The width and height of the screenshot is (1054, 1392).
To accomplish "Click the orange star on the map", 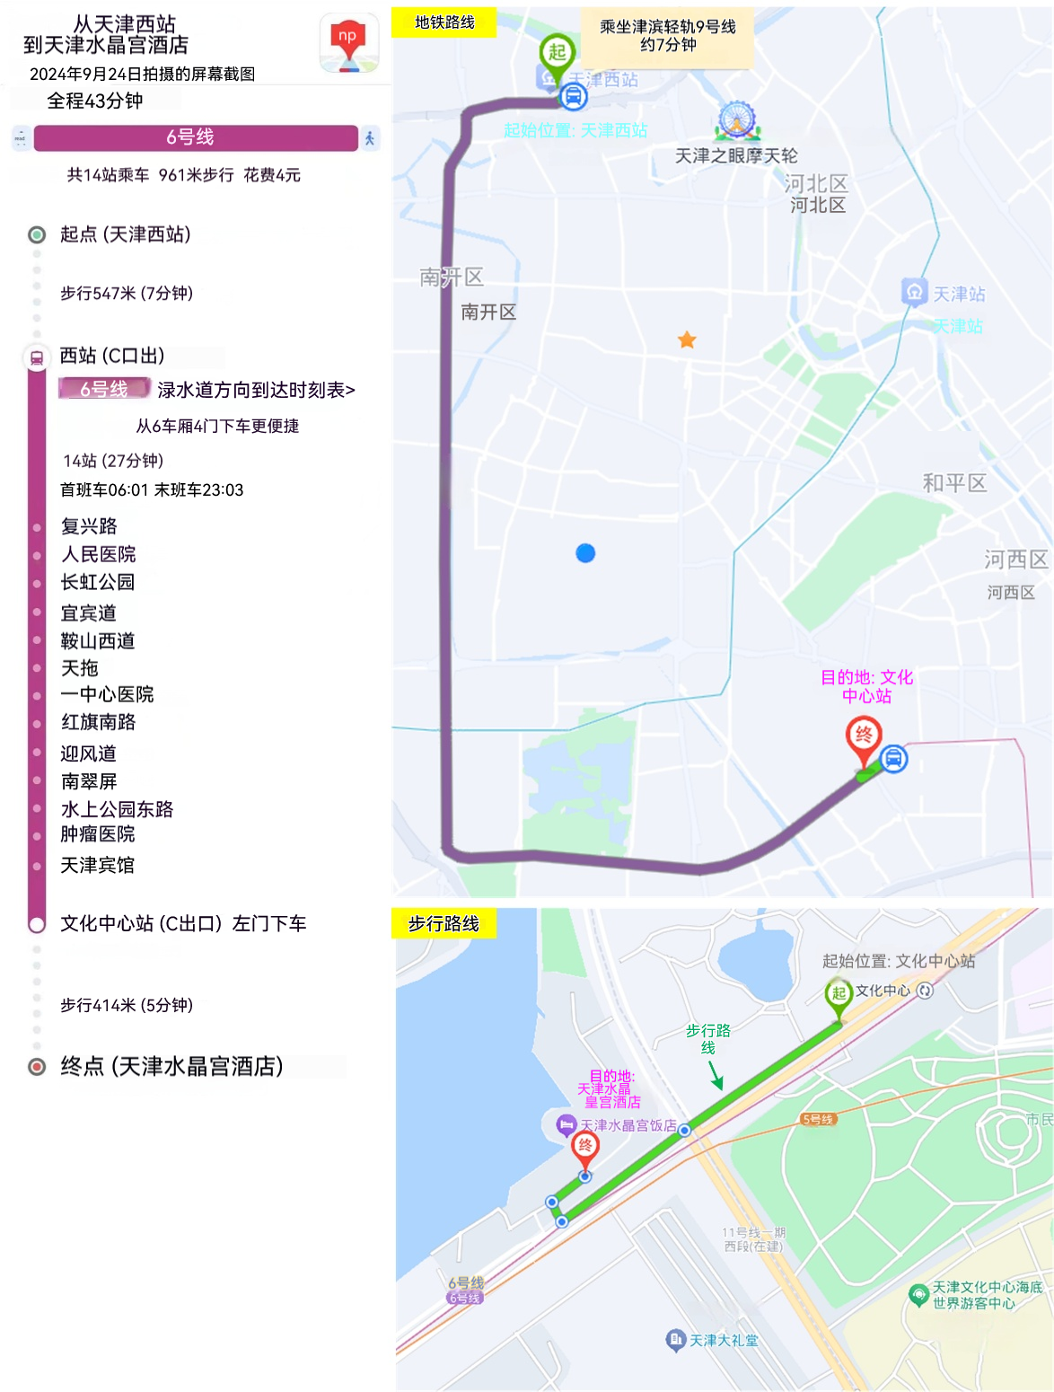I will tap(687, 339).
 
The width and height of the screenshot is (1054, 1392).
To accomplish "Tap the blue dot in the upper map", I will tap(585, 553).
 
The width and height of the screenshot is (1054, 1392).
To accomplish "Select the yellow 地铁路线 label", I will tap(444, 22).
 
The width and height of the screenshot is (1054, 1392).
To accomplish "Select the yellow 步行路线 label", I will tap(444, 923).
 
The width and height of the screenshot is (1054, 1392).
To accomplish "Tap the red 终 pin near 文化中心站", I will tap(864, 739).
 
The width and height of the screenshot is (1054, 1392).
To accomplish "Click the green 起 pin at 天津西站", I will tap(557, 54).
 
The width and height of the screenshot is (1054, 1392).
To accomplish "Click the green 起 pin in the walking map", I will tap(838, 994).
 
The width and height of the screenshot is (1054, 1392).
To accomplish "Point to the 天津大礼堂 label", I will tap(723, 1340).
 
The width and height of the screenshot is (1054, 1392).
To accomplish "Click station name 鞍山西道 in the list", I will tap(98, 640).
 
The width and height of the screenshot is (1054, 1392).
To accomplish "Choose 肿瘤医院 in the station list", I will tap(98, 834).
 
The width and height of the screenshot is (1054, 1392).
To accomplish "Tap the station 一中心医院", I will tap(107, 694).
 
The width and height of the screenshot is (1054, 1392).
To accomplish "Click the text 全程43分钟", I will tap(94, 101).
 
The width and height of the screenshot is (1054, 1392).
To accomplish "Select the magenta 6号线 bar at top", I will tap(195, 137).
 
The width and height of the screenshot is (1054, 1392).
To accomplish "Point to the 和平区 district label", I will tap(954, 483).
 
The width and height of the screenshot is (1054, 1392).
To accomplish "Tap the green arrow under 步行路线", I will tap(716, 1074).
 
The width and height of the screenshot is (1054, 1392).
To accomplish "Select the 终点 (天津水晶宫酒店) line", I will tap(171, 1066).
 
